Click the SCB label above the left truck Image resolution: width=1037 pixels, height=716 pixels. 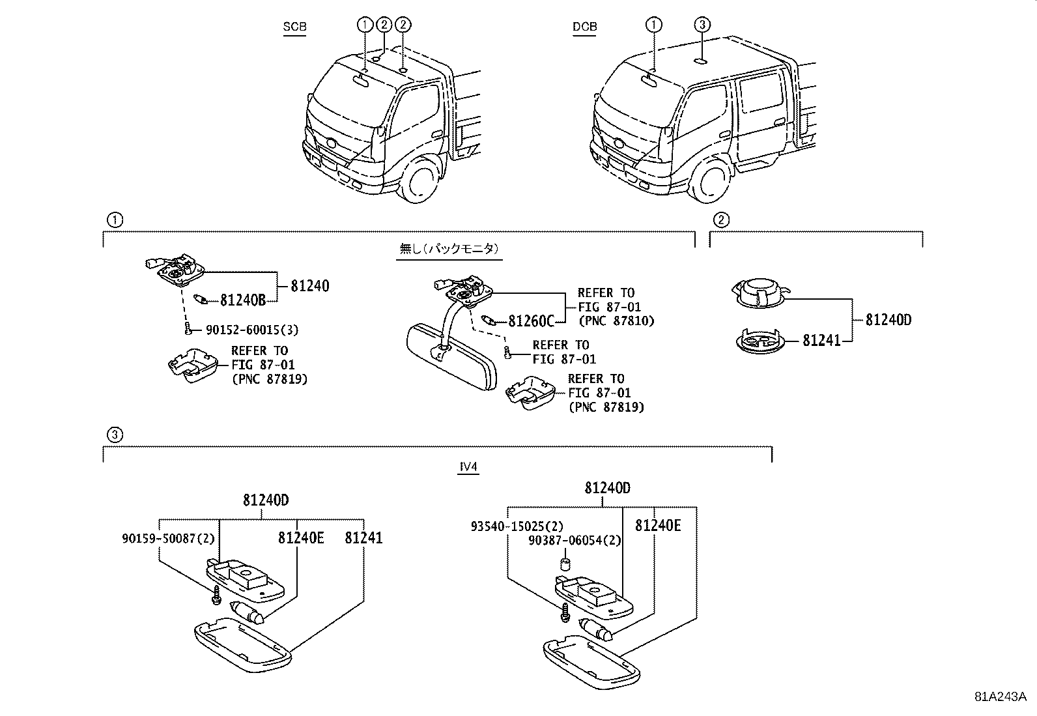(x=294, y=27)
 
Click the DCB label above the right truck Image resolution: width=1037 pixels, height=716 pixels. (x=584, y=27)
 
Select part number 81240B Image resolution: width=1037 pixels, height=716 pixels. (x=243, y=300)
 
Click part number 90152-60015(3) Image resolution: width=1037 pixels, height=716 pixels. (x=251, y=330)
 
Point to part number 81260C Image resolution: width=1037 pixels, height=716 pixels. (x=531, y=321)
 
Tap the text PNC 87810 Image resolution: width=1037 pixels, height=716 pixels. (x=616, y=321)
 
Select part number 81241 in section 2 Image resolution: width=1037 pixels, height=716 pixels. (x=821, y=340)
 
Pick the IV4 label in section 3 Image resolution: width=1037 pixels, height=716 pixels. (x=468, y=466)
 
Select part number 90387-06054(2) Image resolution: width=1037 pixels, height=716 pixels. (x=575, y=540)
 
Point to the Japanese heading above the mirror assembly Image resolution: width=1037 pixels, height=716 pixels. (x=449, y=249)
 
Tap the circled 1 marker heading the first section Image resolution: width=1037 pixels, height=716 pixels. (x=114, y=220)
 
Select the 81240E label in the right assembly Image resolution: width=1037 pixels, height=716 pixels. (x=658, y=525)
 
